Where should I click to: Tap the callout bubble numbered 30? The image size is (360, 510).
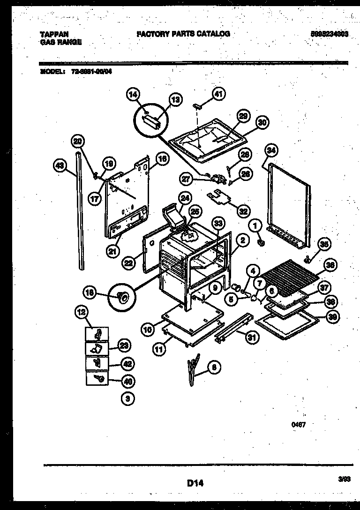(262, 122)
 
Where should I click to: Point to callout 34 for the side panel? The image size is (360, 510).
(270, 150)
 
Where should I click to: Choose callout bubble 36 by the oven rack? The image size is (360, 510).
(330, 265)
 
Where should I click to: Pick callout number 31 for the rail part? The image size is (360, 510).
(252, 337)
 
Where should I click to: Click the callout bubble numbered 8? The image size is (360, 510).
(214, 368)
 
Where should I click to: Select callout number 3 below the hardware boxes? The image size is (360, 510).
(127, 399)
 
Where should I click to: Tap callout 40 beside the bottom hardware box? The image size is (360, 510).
(127, 381)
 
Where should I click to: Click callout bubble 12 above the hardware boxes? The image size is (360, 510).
(82, 311)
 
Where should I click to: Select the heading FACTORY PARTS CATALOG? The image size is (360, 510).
(183, 34)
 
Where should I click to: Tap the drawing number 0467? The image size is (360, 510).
(299, 425)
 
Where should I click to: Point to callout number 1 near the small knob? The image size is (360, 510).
(255, 226)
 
